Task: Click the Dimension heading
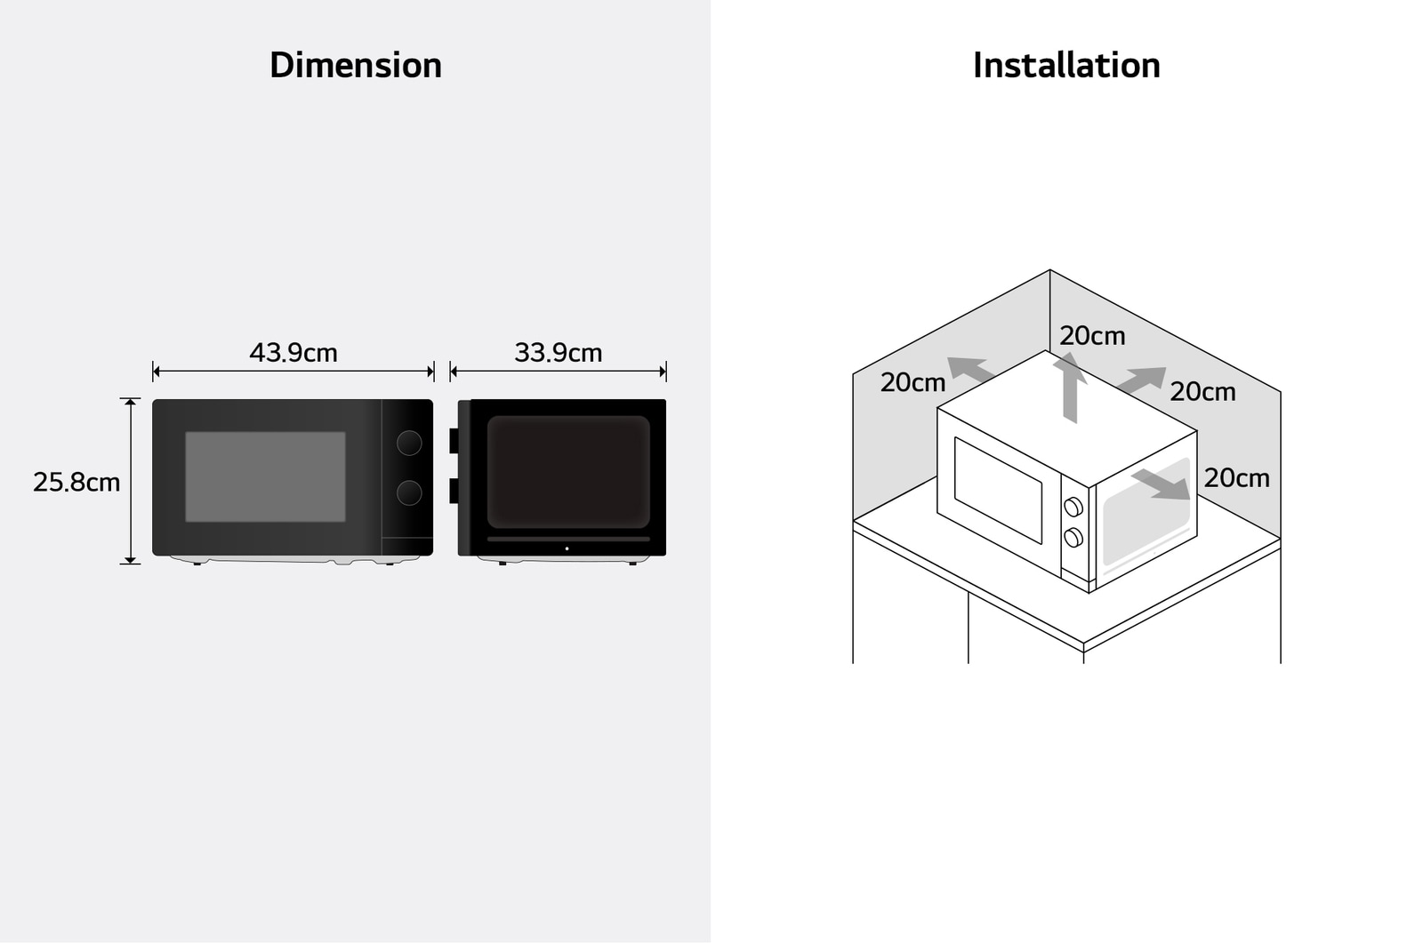(x=355, y=65)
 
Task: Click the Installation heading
(x=1066, y=65)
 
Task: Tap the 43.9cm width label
(x=293, y=352)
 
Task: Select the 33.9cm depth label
(x=558, y=352)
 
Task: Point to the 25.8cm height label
(x=76, y=482)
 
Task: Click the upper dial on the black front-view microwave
(x=409, y=444)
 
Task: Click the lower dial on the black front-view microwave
(x=409, y=492)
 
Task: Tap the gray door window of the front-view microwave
(x=266, y=476)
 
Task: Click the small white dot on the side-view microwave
(x=567, y=548)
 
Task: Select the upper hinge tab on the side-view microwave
(x=454, y=441)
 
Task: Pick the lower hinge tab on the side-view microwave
(x=454, y=491)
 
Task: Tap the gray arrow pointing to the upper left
(x=970, y=370)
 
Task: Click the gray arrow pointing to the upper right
(x=1142, y=380)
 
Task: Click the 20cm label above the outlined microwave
(x=1092, y=336)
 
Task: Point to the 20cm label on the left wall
(x=912, y=382)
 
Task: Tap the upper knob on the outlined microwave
(x=1073, y=507)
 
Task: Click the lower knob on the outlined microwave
(x=1073, y=537)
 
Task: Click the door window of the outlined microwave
(x=998, y=490)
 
